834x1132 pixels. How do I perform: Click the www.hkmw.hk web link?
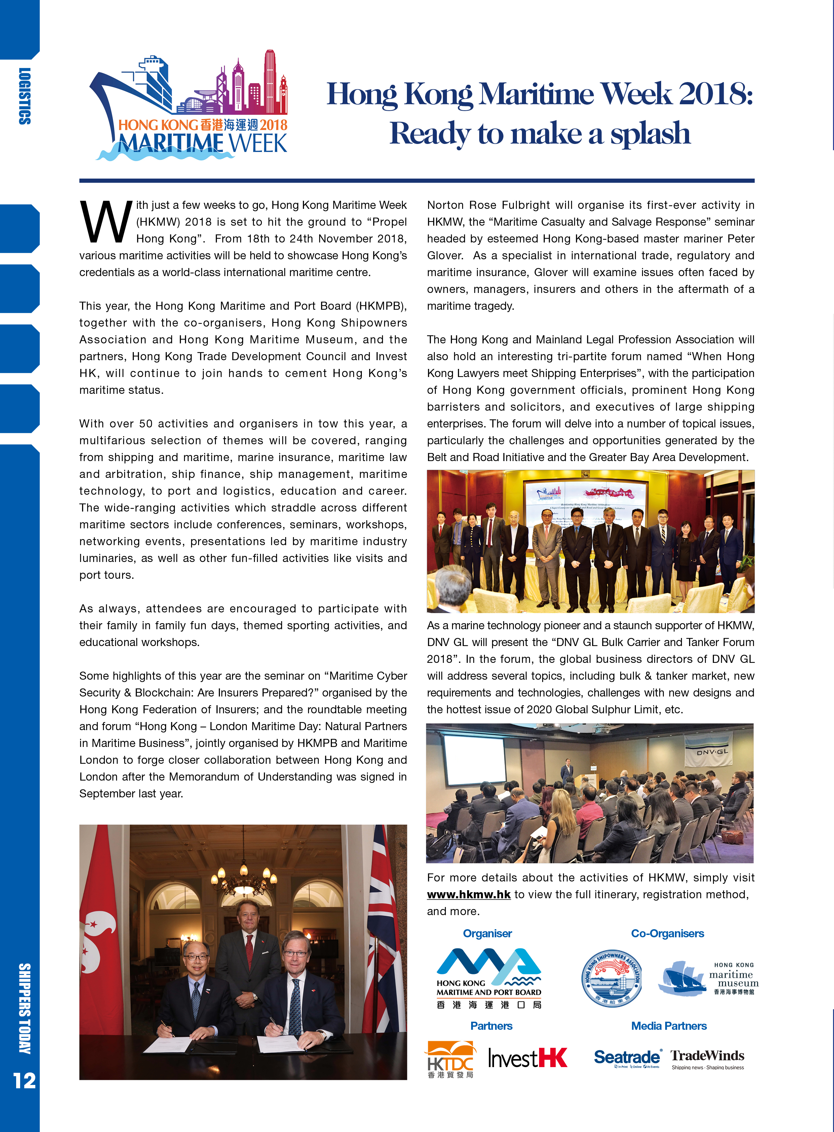tap(468, 894)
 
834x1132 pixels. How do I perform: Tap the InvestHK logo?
tap(528, 1057)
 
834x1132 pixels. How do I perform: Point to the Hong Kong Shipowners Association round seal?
tap(611, 980)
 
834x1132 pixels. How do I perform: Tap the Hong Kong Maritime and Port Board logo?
tap(488, 978)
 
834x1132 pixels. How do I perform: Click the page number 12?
tap(24, 1081)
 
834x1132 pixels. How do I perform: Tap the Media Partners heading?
tap(669, 1026)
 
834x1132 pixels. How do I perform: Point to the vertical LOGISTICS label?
tap(24, 96)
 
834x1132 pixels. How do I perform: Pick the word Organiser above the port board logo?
tap(487, 934)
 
